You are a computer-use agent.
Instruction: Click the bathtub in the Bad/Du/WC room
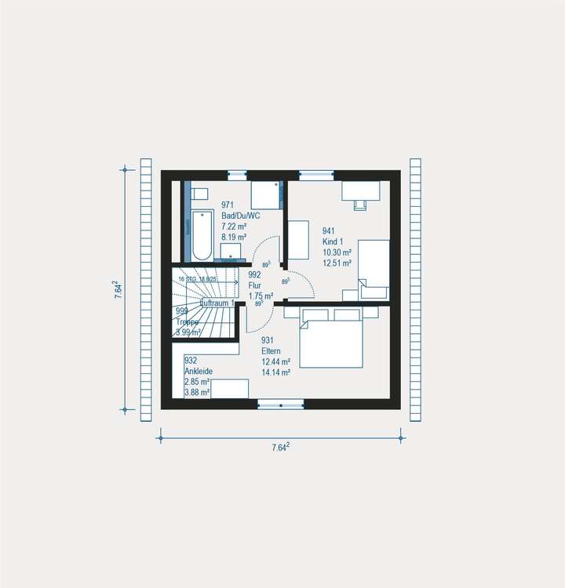point(202,234)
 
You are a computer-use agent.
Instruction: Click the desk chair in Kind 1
point(360,204)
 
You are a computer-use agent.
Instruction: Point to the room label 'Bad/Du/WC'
point(240,215)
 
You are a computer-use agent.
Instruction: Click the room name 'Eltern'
point(272,350)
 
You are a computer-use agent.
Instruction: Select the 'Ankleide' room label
point(198,371)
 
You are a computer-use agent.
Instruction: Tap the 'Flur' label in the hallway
point(255,285)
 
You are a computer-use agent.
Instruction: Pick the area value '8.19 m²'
point(234,236)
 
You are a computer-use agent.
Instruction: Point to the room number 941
point(329,230)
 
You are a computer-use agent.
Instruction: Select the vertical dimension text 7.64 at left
point(116,289)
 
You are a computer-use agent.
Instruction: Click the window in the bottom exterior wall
point(281,404)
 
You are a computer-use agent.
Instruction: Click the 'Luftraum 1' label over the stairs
point(217,303)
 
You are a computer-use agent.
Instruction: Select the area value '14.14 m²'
point(275,372)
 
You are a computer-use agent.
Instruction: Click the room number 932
point(191,361)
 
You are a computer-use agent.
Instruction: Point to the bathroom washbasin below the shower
point(230,251)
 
